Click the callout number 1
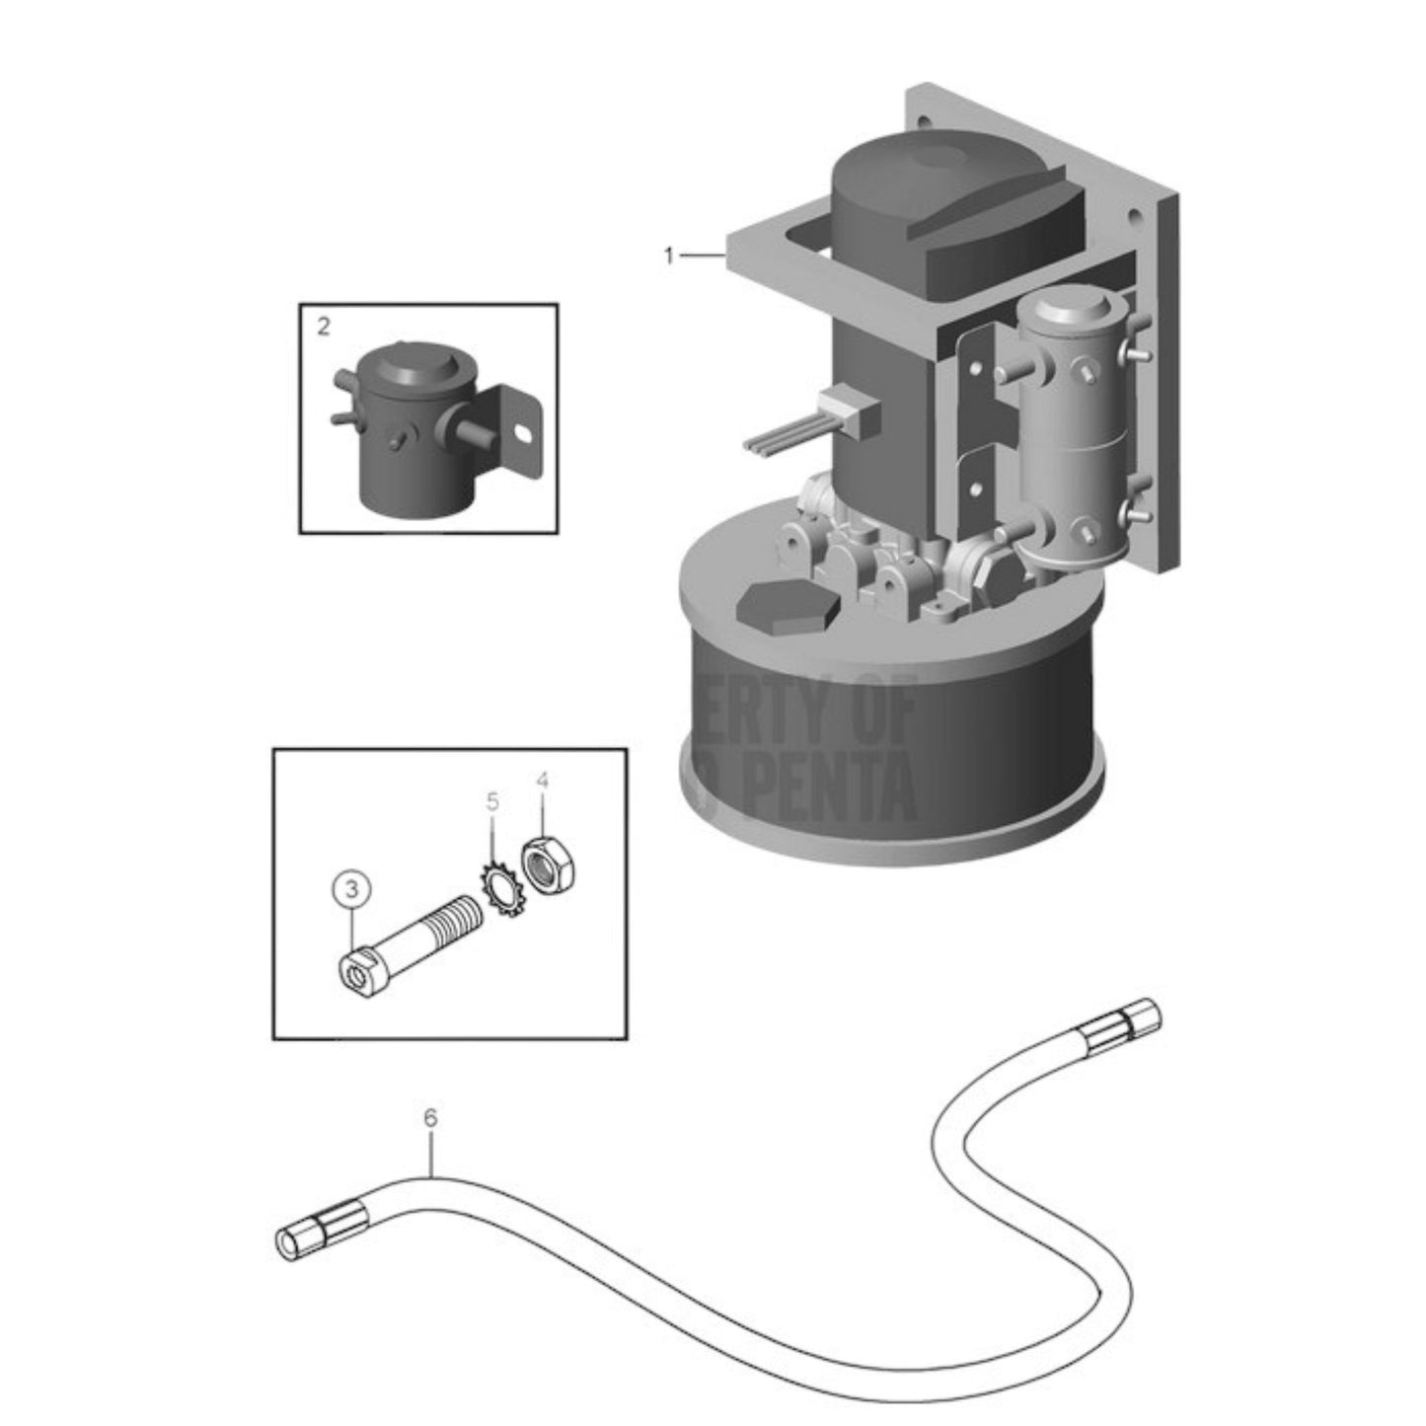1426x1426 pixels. pyautogui.click(x=669, y=257)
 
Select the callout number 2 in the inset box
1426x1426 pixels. pyautogui.click(x=325, y=326)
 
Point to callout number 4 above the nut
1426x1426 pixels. pyautogui.click(x=542, y=782)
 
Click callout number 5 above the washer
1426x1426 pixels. pyautogui.click(x=493, y=799)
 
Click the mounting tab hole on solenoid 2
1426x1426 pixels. pyautogui.click(x=524, y=431)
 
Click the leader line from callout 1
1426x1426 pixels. pyautogui.click(x=702, y=257)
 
